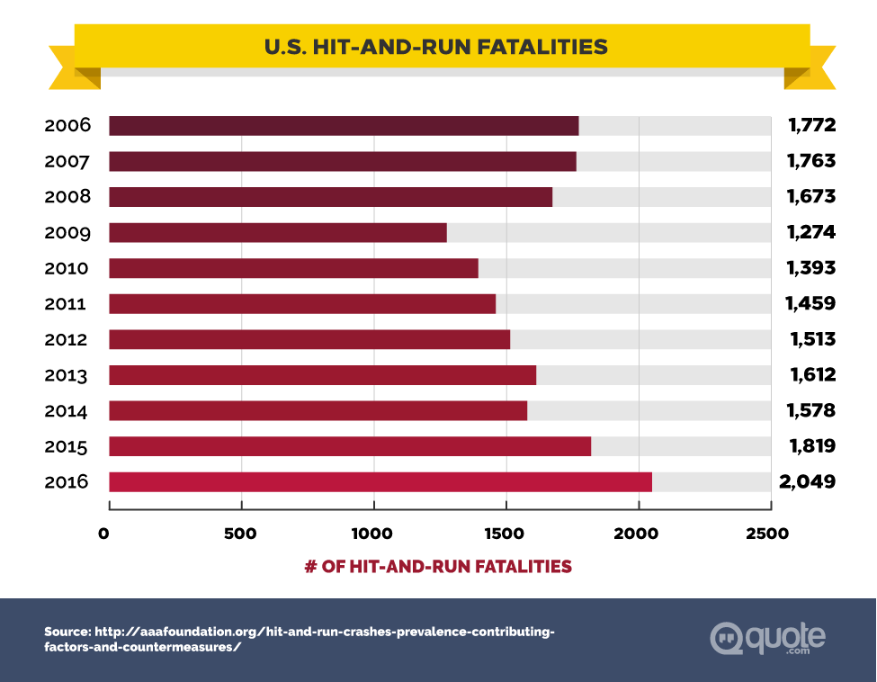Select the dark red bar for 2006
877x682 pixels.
pyautogui.click(x=344, y=126)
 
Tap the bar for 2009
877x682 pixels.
pyautogui.click(x=278, y=233)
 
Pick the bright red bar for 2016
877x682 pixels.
pyautogui.click(x=380, y=482)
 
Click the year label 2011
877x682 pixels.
pyautogui.click(x=67, y=304)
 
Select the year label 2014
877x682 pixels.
pyautogui.click(x=67, y=411)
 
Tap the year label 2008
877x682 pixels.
pyautogui.click(x=67, y=197)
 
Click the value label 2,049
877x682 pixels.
pyautogui.click(x=808, y=482)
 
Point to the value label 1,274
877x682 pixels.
pyautogui.click(x=810, y=233)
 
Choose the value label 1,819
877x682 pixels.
pyautogui.click(x=810, y=446)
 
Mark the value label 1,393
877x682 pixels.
pyautogui.click(x=810, y=268)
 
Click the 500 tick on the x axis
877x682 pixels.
pyautogui.click(x=241, y=534)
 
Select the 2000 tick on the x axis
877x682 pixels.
pyautogui.click(x=638, y=534)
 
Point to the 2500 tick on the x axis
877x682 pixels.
pyautogui.click(x=767, y=534)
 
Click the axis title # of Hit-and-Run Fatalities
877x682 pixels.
pyautogui.click(x=438, y=566)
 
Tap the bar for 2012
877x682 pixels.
pyautogui.click(x=309, y=340)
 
